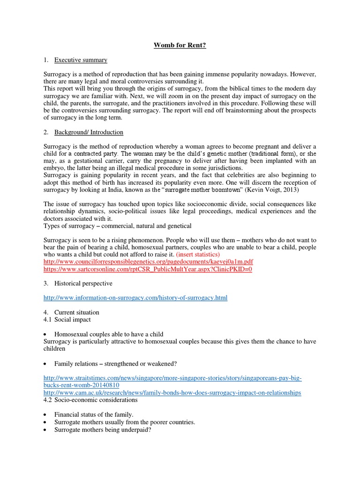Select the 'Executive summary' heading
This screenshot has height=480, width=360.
pos(81,60)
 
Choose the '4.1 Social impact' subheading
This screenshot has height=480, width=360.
pos(67,320)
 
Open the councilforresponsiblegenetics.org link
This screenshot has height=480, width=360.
pos(148,262)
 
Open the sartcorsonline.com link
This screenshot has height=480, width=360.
pos(148,269)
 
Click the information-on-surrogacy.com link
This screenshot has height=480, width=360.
pos(135,298)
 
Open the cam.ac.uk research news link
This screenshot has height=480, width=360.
pos(172,393)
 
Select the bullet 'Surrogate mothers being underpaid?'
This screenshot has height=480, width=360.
pos(103,429)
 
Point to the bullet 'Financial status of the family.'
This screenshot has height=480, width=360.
pos(94,414)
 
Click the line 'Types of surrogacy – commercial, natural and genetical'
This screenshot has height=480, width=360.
pos(118,226)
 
